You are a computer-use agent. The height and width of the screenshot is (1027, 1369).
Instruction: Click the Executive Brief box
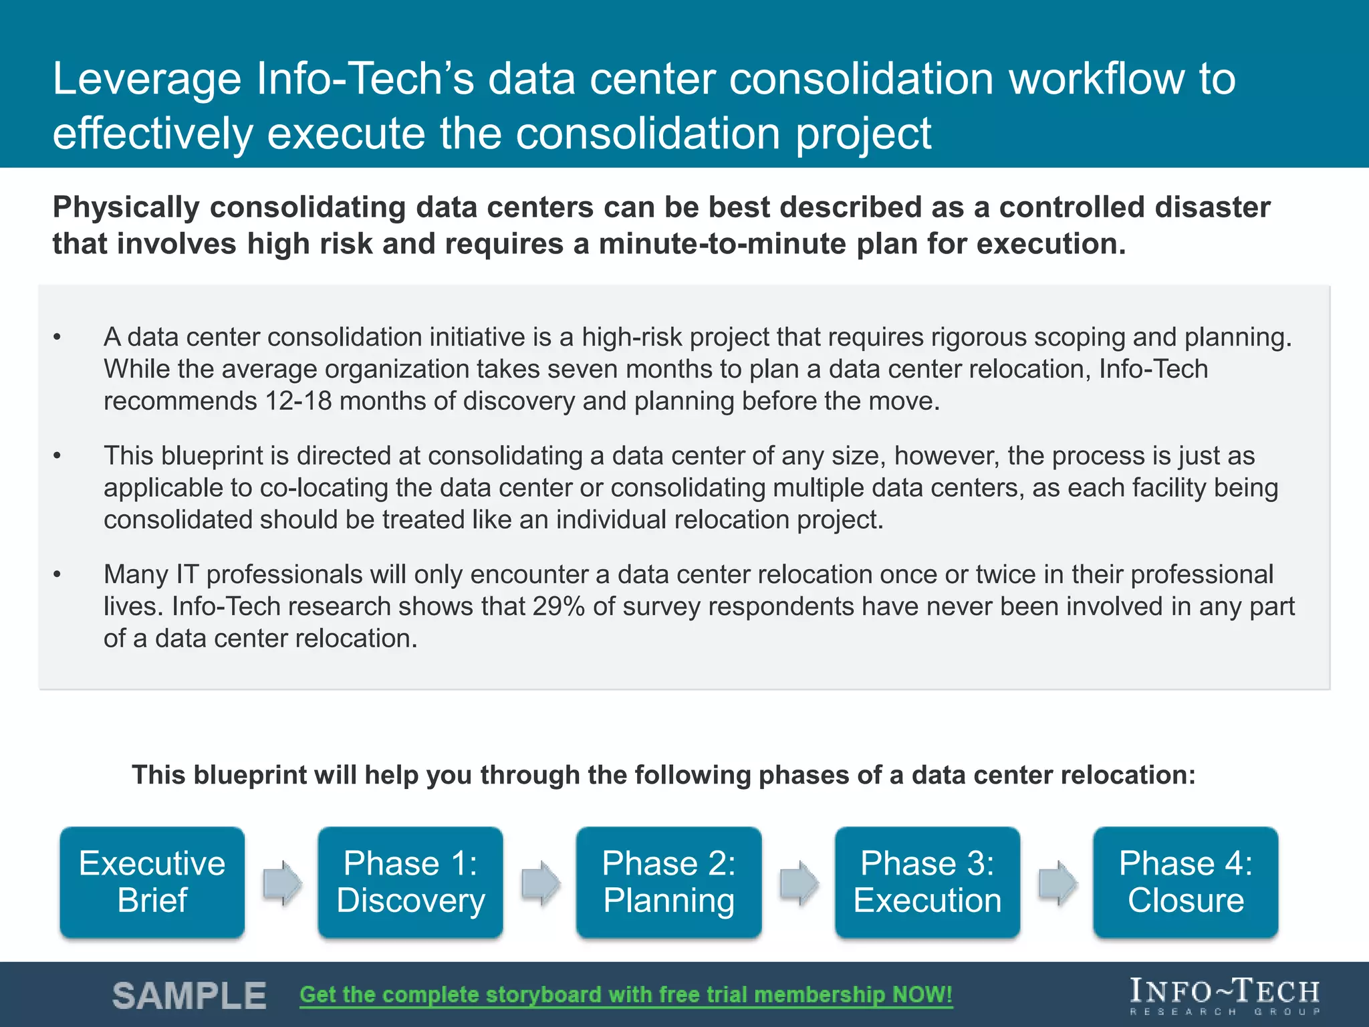pos(152,882)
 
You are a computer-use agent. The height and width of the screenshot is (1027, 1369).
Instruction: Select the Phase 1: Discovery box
pos(410,882)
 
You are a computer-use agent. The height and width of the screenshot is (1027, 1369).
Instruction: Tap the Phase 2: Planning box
pos(668,882)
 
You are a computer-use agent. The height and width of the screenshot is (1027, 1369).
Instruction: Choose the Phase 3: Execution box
pos(927,882)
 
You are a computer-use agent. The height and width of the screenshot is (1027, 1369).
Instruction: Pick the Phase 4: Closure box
pos(1185,882)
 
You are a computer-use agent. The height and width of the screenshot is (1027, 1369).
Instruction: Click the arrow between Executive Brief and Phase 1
pos(282,883)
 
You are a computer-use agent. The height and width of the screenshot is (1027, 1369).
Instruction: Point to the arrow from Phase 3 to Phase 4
pos(1057,883)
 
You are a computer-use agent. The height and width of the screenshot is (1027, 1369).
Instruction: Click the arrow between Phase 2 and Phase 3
pos(799,883)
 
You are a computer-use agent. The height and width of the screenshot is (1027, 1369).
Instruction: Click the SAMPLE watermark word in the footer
pos(189,996)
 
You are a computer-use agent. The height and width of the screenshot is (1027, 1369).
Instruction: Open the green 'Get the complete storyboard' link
pos(626,995)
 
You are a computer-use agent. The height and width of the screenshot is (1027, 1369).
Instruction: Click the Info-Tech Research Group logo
pos(1225,996)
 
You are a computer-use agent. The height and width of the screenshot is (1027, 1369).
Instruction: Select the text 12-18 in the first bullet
pos(298,401)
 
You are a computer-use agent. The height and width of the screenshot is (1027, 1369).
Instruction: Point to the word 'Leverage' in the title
pos(146,79)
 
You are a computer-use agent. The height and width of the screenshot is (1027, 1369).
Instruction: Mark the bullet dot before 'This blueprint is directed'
pos(57,456)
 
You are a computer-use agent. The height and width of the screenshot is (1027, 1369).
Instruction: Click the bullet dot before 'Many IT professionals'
pos(57,574)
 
